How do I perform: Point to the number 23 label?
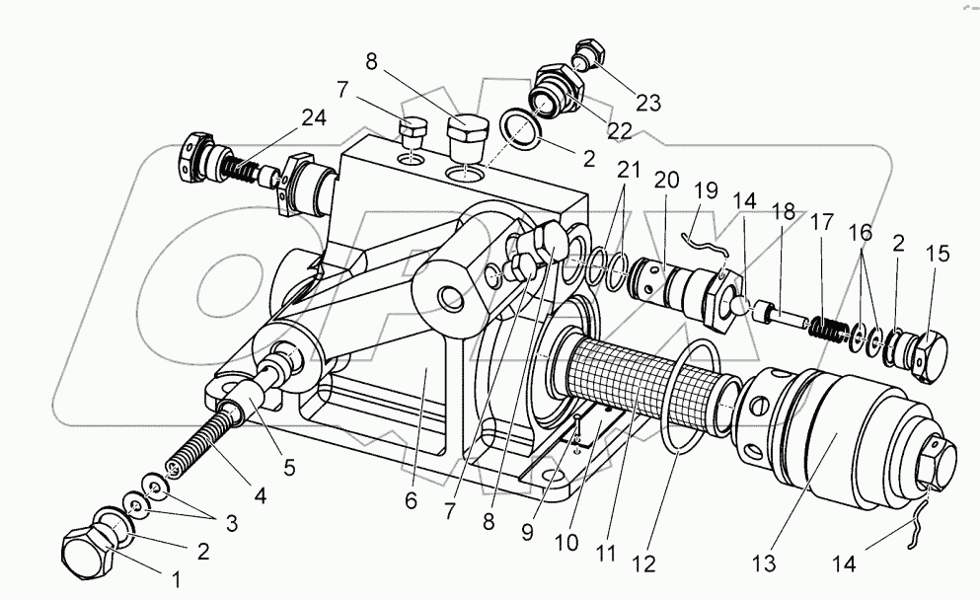point(622,102)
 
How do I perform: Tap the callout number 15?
point(937,254)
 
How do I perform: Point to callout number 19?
point(705,189)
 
